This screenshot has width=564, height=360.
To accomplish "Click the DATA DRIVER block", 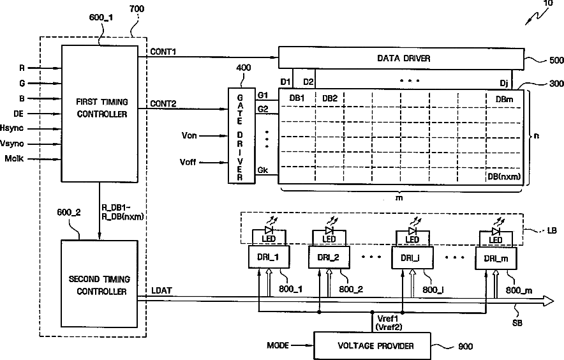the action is pyautogui.click(x=401, y=57).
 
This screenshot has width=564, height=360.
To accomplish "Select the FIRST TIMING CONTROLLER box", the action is pyautogui.click(x=100, y=114).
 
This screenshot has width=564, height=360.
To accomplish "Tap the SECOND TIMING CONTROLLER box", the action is pyautogui.click(x=100, y=283).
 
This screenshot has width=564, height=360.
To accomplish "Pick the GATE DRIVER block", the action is pyautogui.click(x=241, y=136).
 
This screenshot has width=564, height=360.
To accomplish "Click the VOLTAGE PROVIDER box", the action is pyautogui.click(x=372, y=346).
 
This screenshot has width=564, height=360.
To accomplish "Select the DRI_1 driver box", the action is pyautogui.click(x=269, y=257).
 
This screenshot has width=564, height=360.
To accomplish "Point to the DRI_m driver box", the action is pyautogui.click(x=496, y=258).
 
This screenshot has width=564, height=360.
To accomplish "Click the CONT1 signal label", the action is pyautogui.click(x=163, y=52).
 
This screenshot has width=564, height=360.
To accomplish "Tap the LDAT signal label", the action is pyautogui.click(x=161, y=290).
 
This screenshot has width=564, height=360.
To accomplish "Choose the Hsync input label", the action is pyautogui.click(x=12, y=128).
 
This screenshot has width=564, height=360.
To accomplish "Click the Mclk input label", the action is pyautogui.click(x=14, y=158).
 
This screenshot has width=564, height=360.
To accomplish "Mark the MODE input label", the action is pyautogui.click(x=278, y=345).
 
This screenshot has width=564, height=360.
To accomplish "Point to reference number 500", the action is pyautogui.click(x=556, y=60).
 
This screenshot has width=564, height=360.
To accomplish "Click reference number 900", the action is pyautogui.click(x=466, y=347).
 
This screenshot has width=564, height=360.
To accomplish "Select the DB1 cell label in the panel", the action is pyautogui.click(x=297, y=98).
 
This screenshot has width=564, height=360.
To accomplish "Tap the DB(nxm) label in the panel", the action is pyautogui.click(x=504, y=176).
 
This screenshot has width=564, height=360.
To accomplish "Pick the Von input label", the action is pyautogui.click(x=189, y=136).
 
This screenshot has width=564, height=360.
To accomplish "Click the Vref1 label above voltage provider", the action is pyautogui.click(x=388, y=319).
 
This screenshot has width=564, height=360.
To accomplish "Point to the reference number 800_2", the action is pyautogui.click(x=351, y=289).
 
